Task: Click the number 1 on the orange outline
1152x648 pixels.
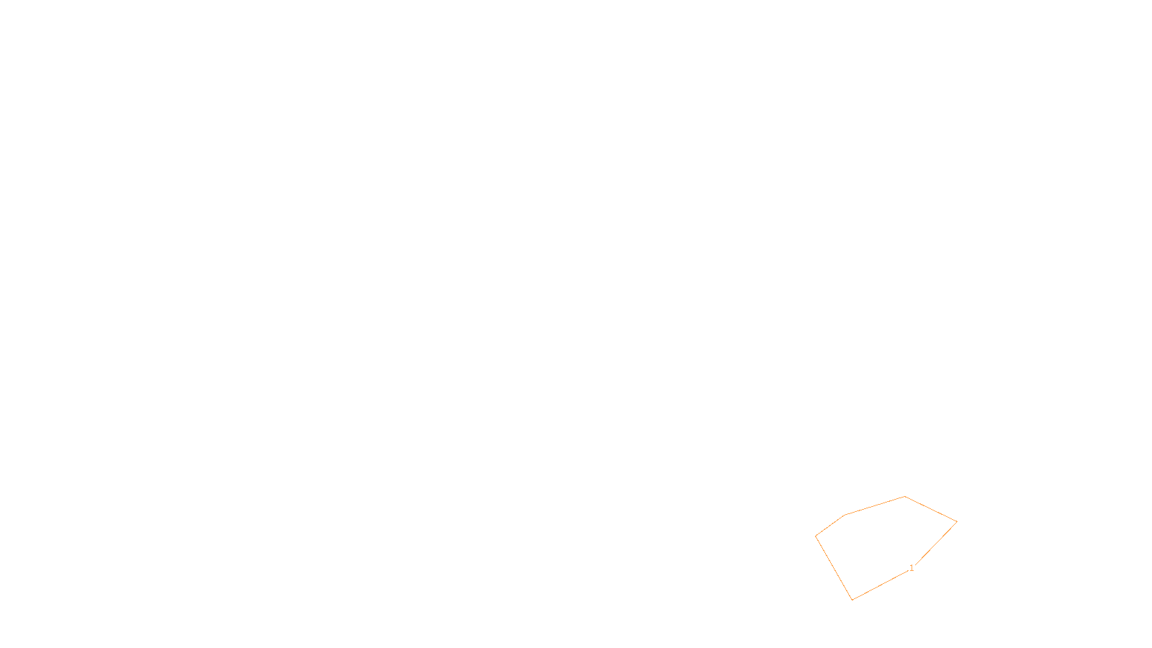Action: [x=912, y=568]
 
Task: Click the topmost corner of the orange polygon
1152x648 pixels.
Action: [x=905, y=497]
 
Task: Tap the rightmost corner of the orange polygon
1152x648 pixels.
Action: [x=957, y=521]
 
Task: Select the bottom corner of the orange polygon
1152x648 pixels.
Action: [x=852, y=600]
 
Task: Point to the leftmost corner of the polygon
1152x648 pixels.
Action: [x=816, y=536]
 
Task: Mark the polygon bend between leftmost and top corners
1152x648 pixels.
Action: [x=845, y=515]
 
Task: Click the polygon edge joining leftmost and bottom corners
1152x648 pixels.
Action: [x=834, y=568]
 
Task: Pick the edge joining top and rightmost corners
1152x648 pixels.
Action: [x=931, y=509]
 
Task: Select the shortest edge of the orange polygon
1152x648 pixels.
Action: [x=830, y=526]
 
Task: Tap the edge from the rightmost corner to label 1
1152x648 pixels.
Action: [x=935, y=544]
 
